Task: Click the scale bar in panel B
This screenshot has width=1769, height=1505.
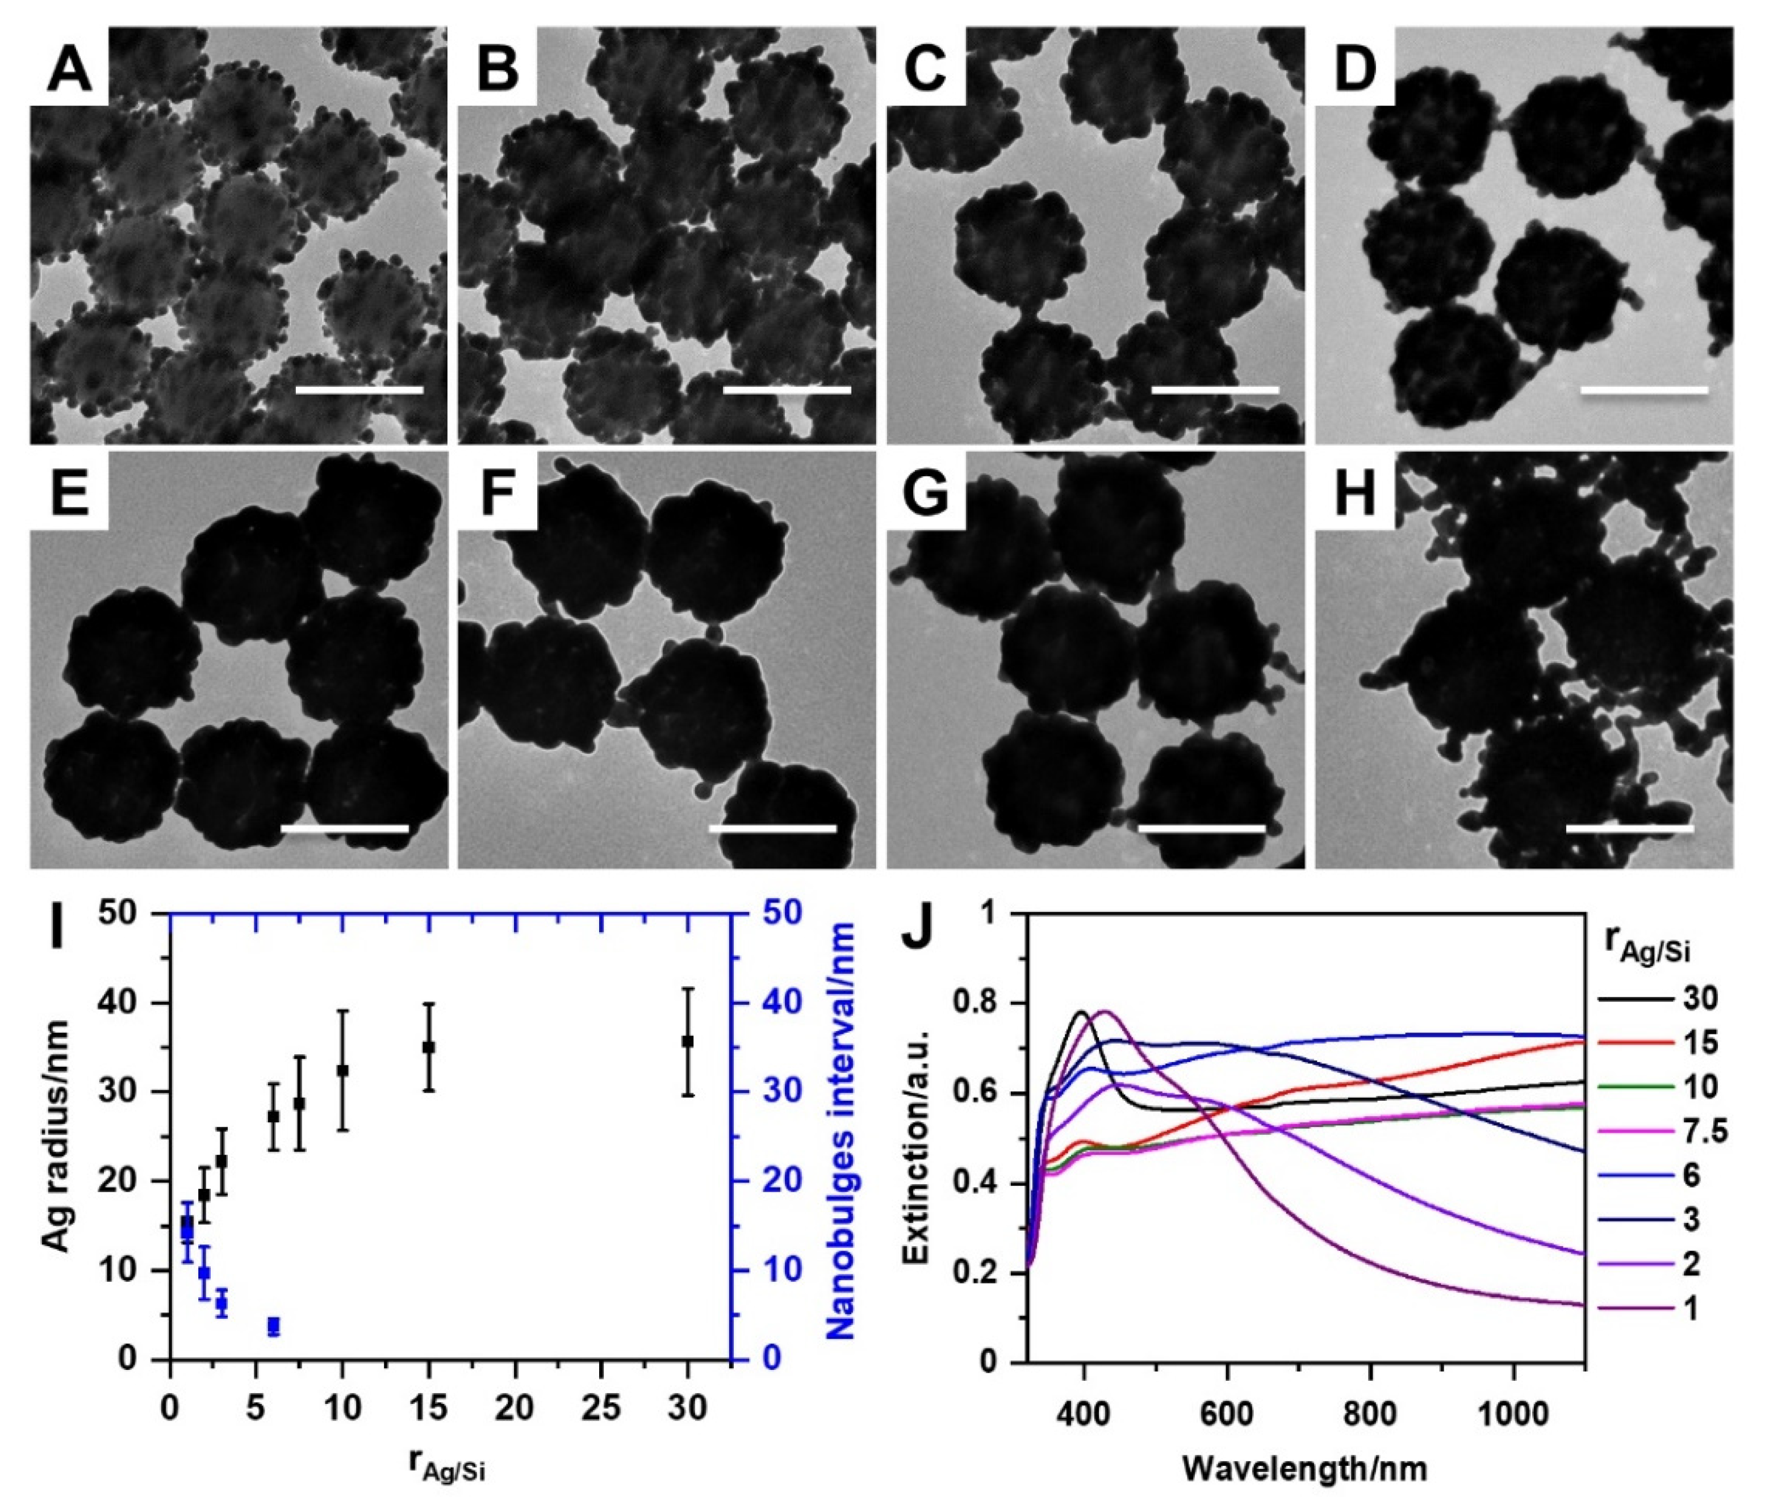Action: pos(787,390)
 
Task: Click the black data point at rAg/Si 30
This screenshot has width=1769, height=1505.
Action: pos(688,1041)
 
